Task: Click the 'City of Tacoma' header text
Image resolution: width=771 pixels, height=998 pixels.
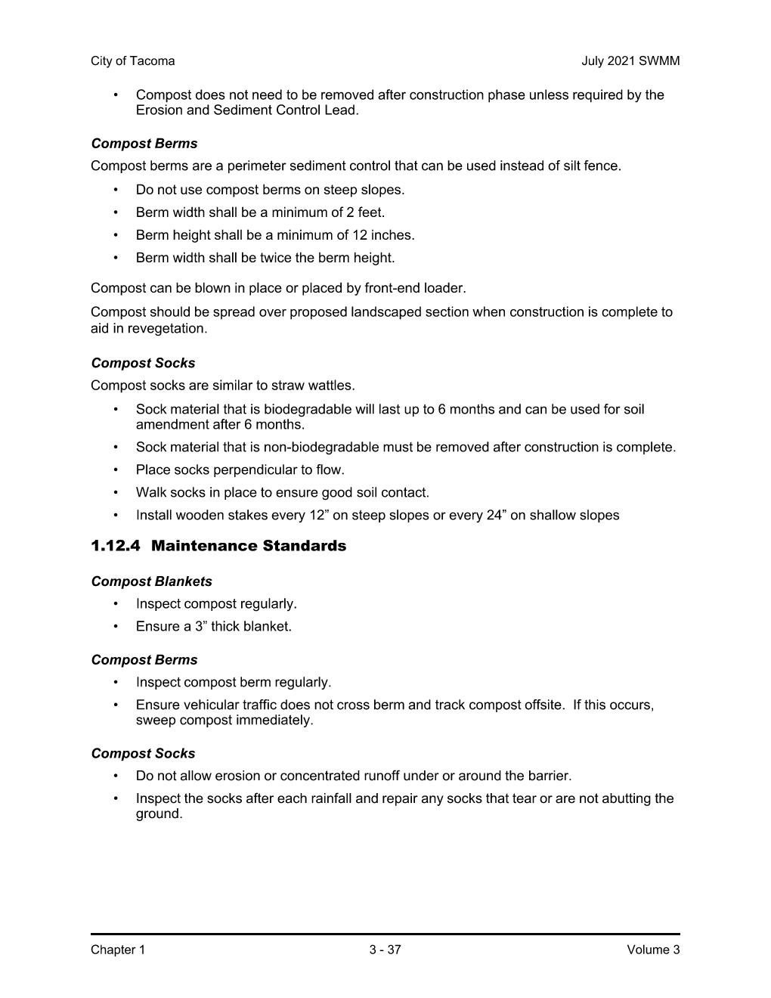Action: coord(132,61)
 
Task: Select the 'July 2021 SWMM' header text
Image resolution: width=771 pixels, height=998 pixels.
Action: coord(630,61)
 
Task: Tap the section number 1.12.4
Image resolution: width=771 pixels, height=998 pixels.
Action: coord(115,546)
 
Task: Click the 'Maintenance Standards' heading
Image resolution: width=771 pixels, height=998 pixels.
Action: coord(249,546)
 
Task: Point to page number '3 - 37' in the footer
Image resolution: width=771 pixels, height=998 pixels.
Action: coord(385,950)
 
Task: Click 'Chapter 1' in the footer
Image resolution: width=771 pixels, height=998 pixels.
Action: coord(117,950)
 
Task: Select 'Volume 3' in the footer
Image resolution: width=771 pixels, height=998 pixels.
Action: coord(653,950)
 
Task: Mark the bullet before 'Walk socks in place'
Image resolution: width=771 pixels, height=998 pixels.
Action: coord(116,493)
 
